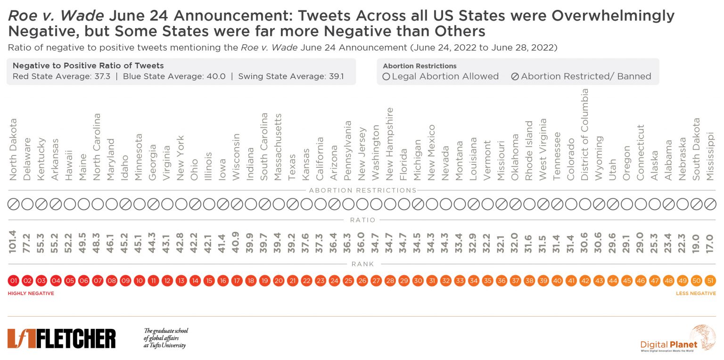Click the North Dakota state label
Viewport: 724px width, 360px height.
[x=13, y=149]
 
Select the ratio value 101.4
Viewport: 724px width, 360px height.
[x=13, y=242]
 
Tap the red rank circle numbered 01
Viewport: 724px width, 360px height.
[x=13, y=281]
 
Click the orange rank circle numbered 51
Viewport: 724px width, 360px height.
[x=710, y=281]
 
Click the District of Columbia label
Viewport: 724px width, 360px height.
[x=584, y=134]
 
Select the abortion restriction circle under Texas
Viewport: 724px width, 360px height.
[x=292, y=205]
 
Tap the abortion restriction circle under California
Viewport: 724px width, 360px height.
[x=320, y=205]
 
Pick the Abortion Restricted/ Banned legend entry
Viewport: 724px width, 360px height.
[x=581, y=76]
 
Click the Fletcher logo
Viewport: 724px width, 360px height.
[x=61, y=338]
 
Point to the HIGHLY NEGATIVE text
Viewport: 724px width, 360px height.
[x=31, y=294]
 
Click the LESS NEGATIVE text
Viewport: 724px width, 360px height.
[x=696, y=294]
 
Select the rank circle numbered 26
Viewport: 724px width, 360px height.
[x=362, y=281]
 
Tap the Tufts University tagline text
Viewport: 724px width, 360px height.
[x=165, y=338]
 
